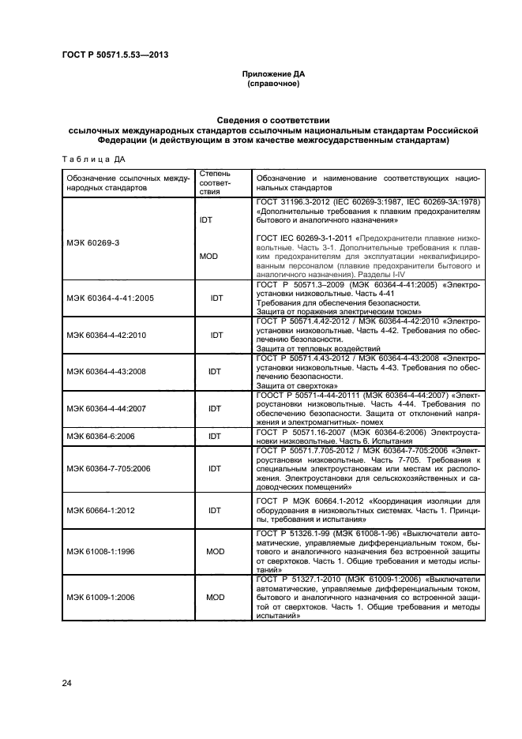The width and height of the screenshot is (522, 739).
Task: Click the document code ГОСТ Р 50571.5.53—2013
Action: (x=114, y=55)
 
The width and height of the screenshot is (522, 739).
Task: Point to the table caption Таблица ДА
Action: (x=94, y=159)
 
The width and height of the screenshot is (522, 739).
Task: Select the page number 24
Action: (x=67, y=683)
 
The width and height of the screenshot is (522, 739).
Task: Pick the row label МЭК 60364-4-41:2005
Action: (x=110, y=298)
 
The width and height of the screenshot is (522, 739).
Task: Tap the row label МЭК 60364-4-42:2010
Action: (x=110, y=335)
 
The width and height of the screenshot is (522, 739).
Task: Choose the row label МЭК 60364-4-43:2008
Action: (x=110, y=370)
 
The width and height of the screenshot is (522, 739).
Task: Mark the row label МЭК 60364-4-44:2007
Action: (x=110, y=408)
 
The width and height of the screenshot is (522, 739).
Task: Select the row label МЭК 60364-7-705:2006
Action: (x=115, y=467)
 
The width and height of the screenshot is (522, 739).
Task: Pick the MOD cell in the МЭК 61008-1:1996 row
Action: (x=216, y=551)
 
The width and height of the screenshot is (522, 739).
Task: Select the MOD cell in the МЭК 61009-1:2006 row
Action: (x=216, y=597)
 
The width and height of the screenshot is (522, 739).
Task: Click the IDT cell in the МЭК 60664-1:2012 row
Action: (x=214, y=510)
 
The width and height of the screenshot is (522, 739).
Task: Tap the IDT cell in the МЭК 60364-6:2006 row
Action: (x=214, y=435)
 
